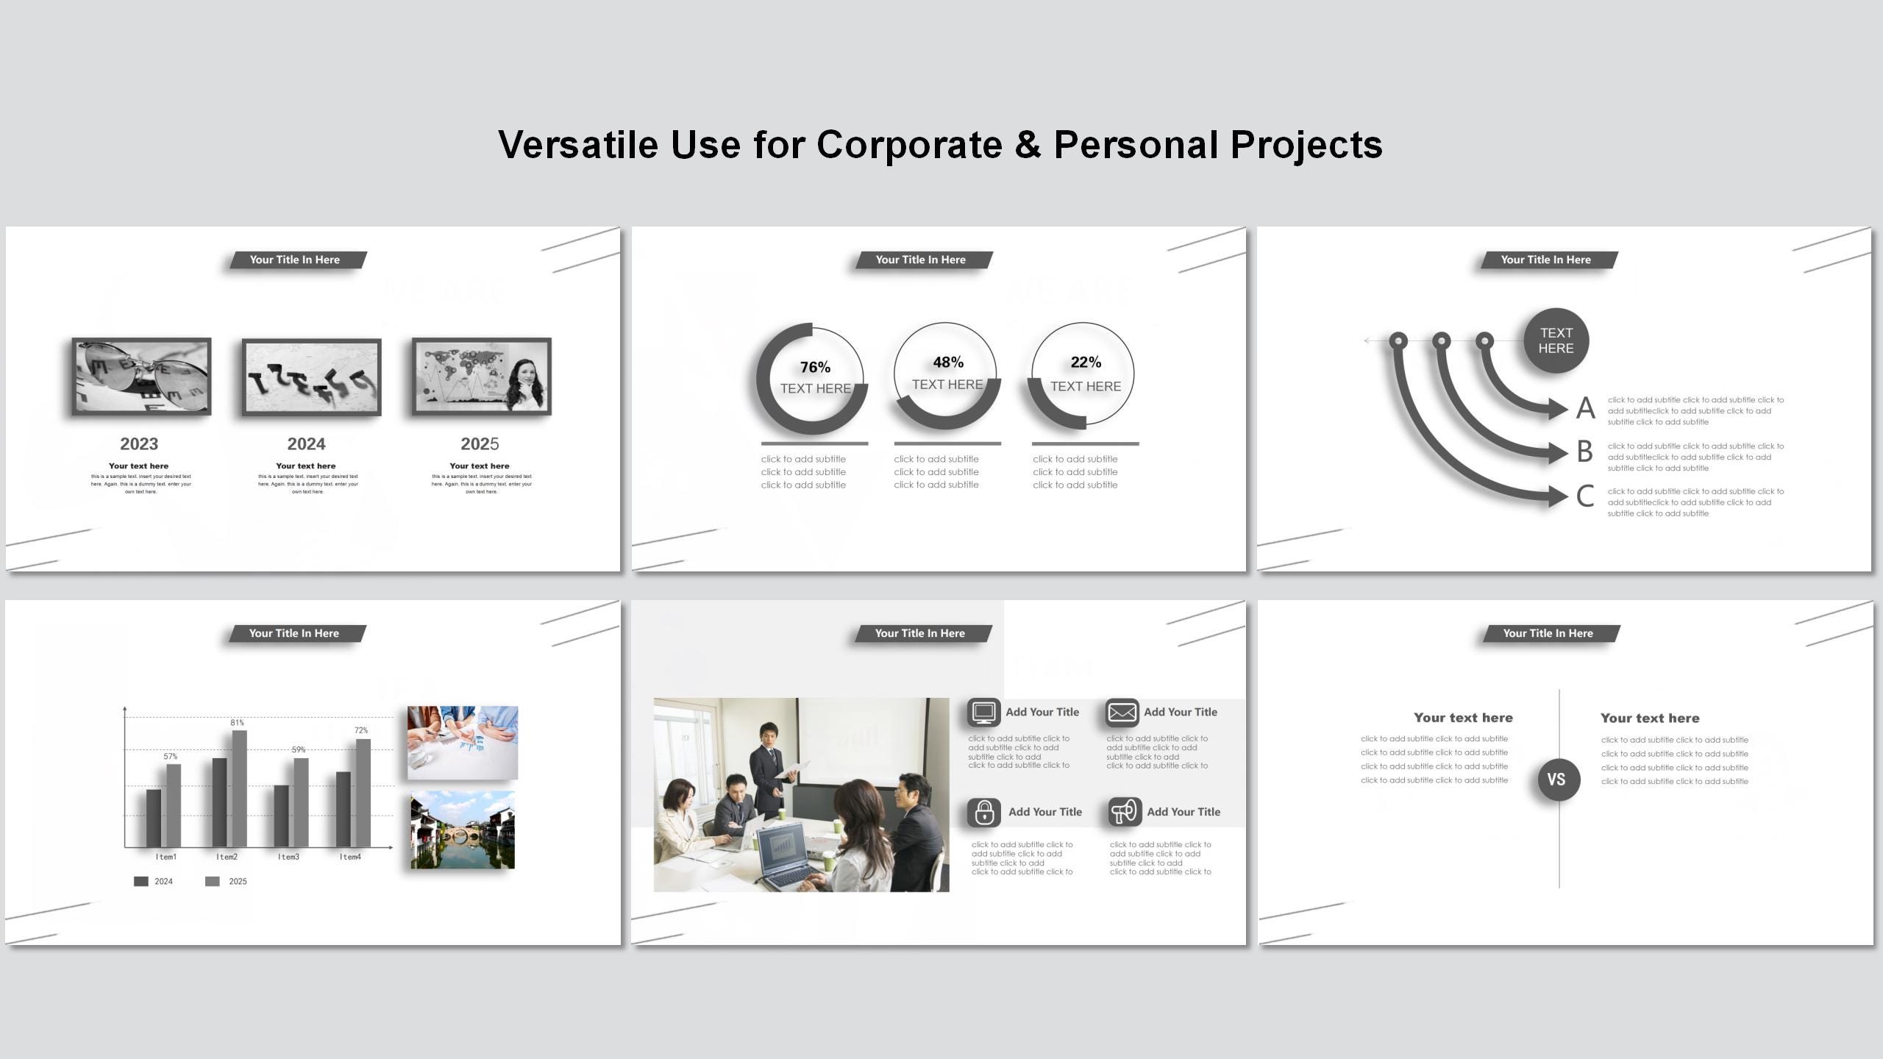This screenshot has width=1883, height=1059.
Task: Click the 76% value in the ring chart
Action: pyautogui.click(x=815, y=367)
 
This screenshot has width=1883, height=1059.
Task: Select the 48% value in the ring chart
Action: pyautogui.click(x=948, y=362)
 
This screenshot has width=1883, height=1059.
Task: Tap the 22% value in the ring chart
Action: pyautogui.click(x=1086, y=362)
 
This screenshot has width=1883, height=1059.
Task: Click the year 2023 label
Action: pyautogui.click(x=139, y=443)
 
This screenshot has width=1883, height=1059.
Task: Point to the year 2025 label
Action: pyautogui.click(x=480, y=443)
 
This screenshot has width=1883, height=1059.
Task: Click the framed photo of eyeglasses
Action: pyautogui.click(x=141, y=377)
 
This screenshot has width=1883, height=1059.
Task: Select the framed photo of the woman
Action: pyautogui.click(x=482, y=377)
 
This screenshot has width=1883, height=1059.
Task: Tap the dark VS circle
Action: pyautogui.click(x=1558, y=780)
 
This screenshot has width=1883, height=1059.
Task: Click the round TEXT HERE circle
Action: pyautogui.click(x=1556, y=340)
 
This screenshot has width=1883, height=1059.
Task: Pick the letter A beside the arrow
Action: pyautogui.click(x=1585, y=408)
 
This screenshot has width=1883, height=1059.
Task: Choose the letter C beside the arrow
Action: pyautogui.click(x=1585, y=496)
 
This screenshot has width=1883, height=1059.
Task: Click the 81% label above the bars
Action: pyautogui.click(x=237, y=723)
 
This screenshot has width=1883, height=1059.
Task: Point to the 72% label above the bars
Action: pyautogui.click(x=361, y=730)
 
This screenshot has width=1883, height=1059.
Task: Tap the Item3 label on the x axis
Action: pyautogui.click(x=288, y=857)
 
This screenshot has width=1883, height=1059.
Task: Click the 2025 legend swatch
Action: pyautogui.click(x=213, y=881)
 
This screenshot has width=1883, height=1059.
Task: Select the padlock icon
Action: pyautogui.click(x=984, y=813)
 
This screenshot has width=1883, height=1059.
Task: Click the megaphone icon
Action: pyautogui.click(x=1124, y=812)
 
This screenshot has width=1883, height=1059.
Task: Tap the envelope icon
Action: pyautogui.click(x=1122, y=713)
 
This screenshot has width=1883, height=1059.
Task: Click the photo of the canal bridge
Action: pyautogui.click(x=463, y=830)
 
